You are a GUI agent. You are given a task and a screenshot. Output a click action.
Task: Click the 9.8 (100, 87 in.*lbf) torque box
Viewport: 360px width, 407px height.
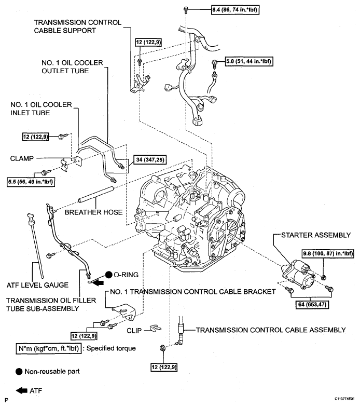pyautogui.click(x=327, y=253)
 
